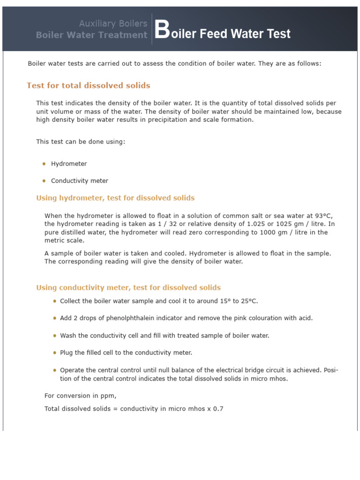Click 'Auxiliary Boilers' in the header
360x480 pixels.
point(112,23)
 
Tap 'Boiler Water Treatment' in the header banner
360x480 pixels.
point(91,35)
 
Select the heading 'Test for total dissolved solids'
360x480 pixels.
point(89,85)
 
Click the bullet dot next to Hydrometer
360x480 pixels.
point(44,164)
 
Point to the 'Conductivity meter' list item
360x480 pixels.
point(79,181)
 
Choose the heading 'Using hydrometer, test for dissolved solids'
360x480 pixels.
point(115,198)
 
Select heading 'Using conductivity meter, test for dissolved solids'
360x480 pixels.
point(128,288)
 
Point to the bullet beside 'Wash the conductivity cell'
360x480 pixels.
point(55,336)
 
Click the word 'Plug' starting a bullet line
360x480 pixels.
point(66,352)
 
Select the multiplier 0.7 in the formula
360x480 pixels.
point(218,409)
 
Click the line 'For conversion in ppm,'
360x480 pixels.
point(80,396)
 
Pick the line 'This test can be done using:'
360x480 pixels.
point(81,142)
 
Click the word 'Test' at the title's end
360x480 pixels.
point(278,34)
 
